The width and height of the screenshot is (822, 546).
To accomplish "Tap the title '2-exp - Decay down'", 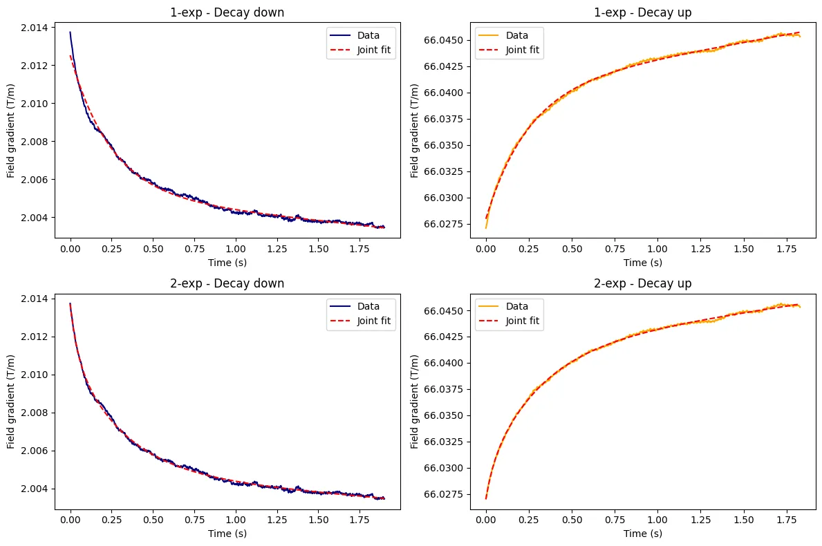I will (227, 283).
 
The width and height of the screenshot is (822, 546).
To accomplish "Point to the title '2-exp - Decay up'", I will (643, 283).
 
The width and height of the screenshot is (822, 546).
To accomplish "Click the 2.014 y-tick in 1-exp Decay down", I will (35, 28).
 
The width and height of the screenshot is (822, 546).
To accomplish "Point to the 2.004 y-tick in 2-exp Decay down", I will (35, 489).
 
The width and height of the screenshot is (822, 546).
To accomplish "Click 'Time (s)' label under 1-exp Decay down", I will (227, 262).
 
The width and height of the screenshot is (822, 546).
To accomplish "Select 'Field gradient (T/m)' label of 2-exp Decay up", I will (415, 403).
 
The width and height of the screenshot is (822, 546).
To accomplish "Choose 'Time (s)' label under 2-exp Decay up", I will (643, 533).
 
